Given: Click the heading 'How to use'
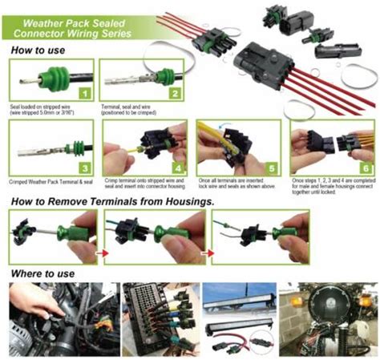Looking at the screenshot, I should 38,50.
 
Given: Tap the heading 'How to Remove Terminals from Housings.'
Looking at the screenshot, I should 111,200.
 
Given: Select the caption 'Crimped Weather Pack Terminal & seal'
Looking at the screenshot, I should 48,183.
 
